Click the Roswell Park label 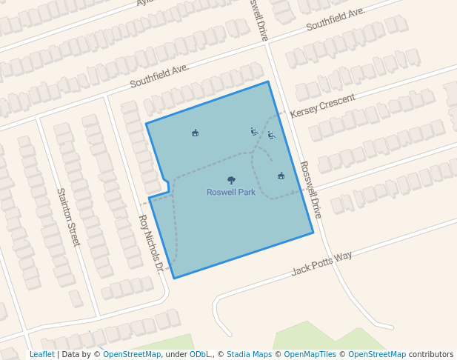pyautogui.click(x=231, y=193)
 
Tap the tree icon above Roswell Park pyautogui.click(x=231, y=180)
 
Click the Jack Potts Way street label pyautogui.click(x=321, y=263)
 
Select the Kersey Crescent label pyautogui.click(x=323, y=105)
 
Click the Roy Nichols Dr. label pyautogui.click(x=151, y=244)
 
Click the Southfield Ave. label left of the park pyautogui.click(x=159, y=76)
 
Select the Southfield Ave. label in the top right pyautogui.click(x=336, y=19)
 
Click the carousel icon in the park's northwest pyautogui.click(x=195, y=133)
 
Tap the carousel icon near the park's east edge pyautogui.click(x=281, y=176)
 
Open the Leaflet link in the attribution pyautogui.click(x=41, y=355)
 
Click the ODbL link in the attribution pyautogui.click(x=200, y=355)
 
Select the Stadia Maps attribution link pyautogui.click(x=249, y=355)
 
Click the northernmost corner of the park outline pyautogui.click(x=267, y=81)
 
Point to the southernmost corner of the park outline pyautogui.click(x=174, y=279)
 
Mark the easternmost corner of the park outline pyautogui.click(x=313, y=233)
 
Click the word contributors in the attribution pyautogui.click(x=431, y=355)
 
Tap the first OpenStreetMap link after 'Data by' pyautogui.click(x=132, y=355)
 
